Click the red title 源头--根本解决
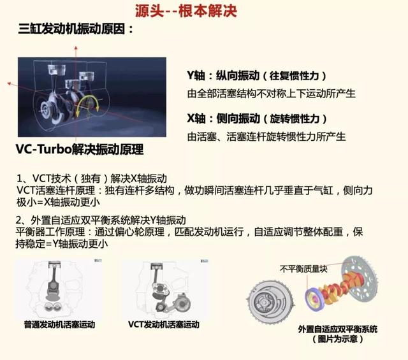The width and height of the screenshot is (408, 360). pos(186,11)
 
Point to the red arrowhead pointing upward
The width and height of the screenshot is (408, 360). pos(76,48)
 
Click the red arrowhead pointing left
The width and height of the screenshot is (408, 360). pos(9,83)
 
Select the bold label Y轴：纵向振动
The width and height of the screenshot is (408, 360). pos(223,76)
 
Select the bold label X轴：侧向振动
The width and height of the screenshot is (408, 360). pos(224,119)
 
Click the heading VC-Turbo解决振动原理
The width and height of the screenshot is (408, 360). pos(80,149)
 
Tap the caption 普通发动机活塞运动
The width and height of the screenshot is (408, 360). pos(59,324)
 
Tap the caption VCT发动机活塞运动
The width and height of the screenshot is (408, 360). pos(164,324)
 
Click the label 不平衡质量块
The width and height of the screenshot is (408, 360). pos(303,269)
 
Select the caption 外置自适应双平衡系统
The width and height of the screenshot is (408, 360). pos(338,329)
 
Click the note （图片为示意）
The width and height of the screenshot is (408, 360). pos(338,339)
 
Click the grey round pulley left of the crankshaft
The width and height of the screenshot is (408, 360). pos(270,303)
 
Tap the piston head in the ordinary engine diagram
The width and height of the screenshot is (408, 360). pos(55,264)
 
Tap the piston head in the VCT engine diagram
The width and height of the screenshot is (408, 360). pos(157,266)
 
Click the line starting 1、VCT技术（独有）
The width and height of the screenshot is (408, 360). pos(92,178)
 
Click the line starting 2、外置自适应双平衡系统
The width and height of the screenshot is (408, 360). pos(101,220)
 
